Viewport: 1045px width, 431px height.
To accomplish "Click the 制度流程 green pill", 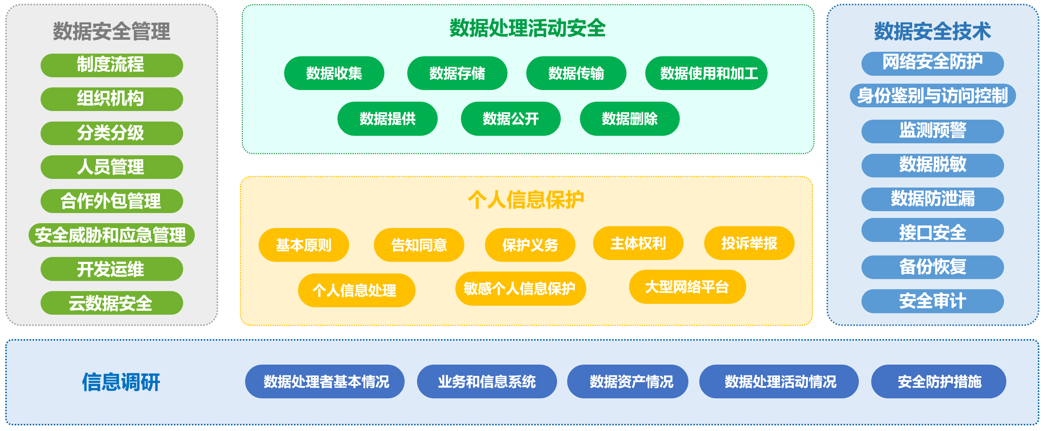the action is click(x=111, y=65).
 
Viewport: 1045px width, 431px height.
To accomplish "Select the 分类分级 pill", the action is click(x=111, y=133).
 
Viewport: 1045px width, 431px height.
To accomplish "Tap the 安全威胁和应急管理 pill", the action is click(x=111, y=235).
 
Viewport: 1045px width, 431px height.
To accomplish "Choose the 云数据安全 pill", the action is click(x=111, y=302).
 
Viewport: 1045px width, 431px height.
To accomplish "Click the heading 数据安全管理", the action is click(x=111, y=31).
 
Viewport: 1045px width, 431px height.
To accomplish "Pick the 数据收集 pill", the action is click(x=334, y=73).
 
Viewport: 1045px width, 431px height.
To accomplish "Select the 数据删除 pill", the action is click(x=629, y=119).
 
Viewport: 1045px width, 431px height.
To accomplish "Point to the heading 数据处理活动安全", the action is click(x=527, y=29).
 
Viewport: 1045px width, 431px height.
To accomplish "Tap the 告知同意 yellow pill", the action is click(x=419, y=245).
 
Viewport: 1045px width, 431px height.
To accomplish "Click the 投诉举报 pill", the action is click(x=749, y=243).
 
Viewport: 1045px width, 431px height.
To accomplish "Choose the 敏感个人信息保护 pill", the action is click(x=521, y=288).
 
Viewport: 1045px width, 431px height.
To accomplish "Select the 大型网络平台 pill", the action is click(x=687, y=287).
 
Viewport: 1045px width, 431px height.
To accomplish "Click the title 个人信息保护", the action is click(x=526, y=200).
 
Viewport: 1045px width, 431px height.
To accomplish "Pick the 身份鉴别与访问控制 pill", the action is click(x=932, y=96).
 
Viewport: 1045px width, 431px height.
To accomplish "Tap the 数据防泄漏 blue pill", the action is click(x=932, y=199).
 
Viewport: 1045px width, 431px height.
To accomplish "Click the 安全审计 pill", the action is click(x=932, y=301).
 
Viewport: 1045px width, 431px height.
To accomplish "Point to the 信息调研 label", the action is click(x=121, y=381).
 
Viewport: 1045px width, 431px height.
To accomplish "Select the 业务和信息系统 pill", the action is click(x=486, y=381).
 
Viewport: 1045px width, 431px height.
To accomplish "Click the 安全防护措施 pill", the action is click(x=939, y=381).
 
